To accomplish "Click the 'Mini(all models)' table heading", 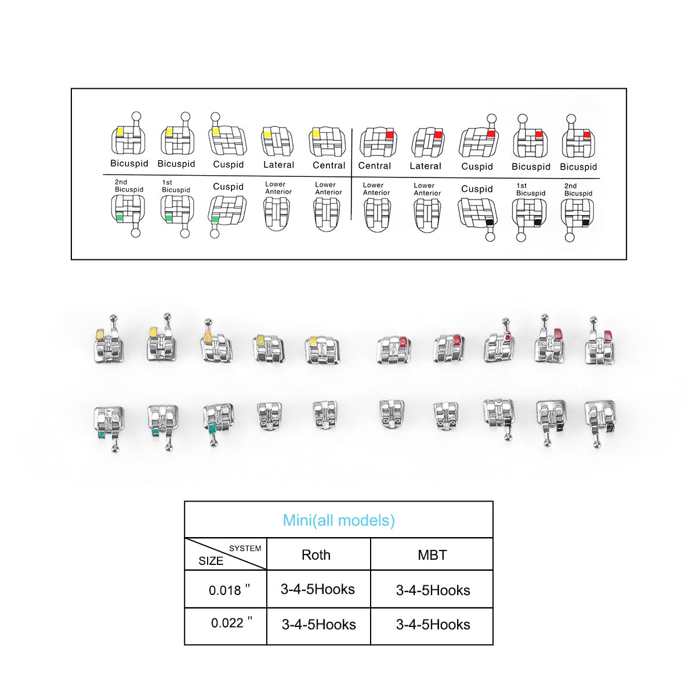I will coord(339,520).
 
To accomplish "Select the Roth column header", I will coord(316,554).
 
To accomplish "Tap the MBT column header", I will coord(432,555).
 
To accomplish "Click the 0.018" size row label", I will coord(229,590).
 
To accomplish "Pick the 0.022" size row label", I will coord(231,623).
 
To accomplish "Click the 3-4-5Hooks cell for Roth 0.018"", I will coord(318,589).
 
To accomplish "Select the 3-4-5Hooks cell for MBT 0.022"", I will coord(433,625).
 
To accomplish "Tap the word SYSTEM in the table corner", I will coord(245,548).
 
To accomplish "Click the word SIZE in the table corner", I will coord(211,561).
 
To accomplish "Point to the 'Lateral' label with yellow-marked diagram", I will coord(278,165).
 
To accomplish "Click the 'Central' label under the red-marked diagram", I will coord(374,166).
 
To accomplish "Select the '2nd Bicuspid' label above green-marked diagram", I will coord(129,186).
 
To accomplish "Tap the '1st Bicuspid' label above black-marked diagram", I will coord(530,190).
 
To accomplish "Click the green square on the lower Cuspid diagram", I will coord(215,219).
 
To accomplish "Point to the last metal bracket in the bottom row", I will coord(600,420).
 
